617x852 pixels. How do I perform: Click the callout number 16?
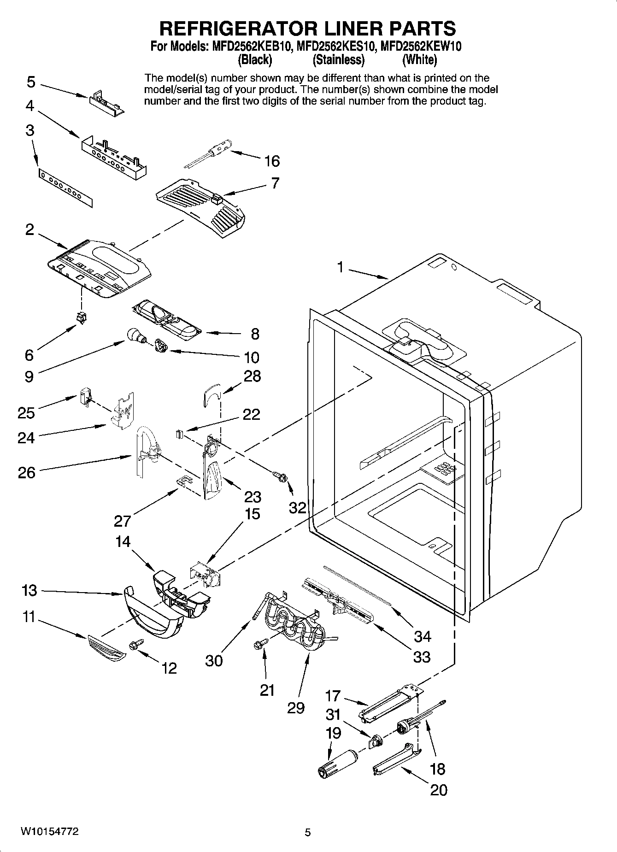point(272,161)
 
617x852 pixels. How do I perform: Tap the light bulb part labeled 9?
point(135,335)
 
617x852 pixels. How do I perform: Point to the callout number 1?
point(340,267)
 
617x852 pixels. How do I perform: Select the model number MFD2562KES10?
point(338,47)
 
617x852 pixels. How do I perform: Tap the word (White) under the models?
point(419,60)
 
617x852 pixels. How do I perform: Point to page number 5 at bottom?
point(308,832)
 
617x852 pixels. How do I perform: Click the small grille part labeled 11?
point(106,648)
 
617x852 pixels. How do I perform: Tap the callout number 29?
point(296,708)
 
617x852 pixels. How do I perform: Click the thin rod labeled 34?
point(357,584)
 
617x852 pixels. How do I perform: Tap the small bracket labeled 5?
point(107,100)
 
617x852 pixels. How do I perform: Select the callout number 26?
point(26,472)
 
